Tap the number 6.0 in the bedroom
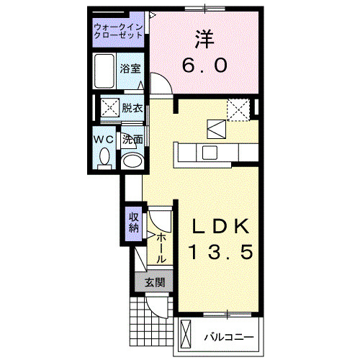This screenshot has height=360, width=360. pyautogui.click(x=204, y=66)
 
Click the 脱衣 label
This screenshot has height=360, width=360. pyautogui.click(x=131, y=109)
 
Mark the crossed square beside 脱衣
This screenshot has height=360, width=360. pyautogui.click(x=109, y=109)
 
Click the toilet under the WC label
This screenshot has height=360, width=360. pyautogui.click(x=104, y=157)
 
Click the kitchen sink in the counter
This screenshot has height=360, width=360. pyautogui.click(x=210, y=152)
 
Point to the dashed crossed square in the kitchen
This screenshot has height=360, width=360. pyautogui.click(x=238, y=109)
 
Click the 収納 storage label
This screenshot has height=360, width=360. pyautogui.click(x=134, y=223)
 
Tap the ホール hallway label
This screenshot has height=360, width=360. pyautogui.click(x=161, y=247)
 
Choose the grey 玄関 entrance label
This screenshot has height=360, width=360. pyautogui.click(x=153, y=282)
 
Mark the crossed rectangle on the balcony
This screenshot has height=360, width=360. pyautogui.click(x=186, y=335)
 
